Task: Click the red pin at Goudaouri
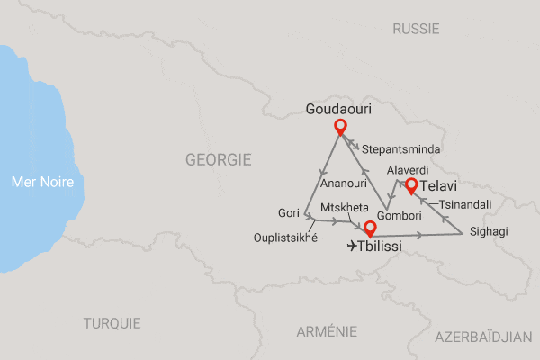click(340, 127)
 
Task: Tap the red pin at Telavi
click(410, 186)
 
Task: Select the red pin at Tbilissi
click(368, 229)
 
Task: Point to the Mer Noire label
click(42, 183)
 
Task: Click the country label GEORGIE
click(218, 159)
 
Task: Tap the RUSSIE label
click(416, 30)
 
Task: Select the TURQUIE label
click(112, 323)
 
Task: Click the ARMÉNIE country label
click(327, 332)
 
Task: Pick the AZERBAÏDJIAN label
click(483, 337)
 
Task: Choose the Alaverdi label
click(406, 170)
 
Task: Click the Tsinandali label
click(465, 205)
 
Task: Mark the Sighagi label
click(489, 232)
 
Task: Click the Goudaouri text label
click(340, 108)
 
